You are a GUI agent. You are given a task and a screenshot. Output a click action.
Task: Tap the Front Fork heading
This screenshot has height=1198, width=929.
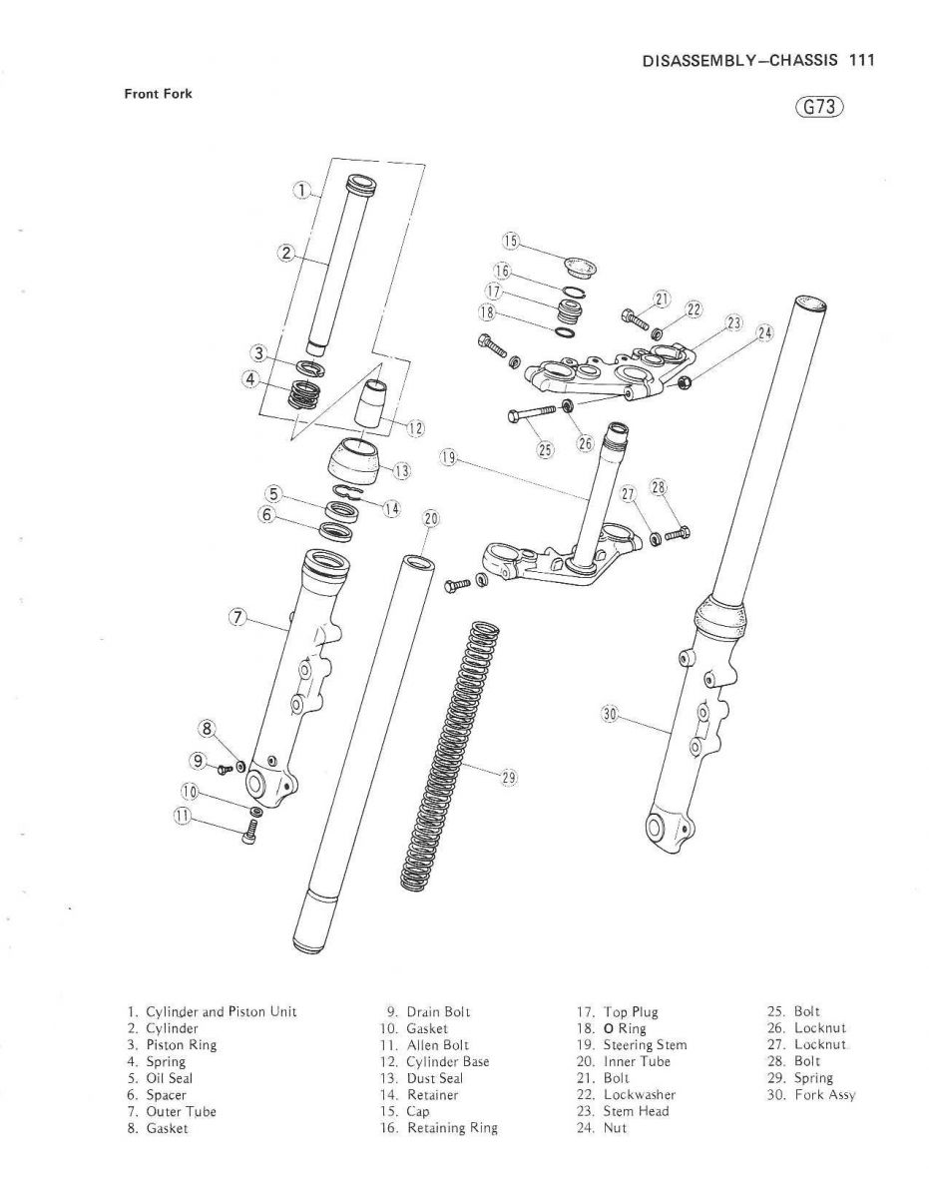click(158, 94)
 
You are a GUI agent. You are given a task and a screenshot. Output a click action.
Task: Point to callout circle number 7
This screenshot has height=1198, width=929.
click(236, 616)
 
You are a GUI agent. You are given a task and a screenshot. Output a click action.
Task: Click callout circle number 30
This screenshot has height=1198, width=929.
click(611, 714)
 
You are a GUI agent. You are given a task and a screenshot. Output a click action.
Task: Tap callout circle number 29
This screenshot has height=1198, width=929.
click(509, 777)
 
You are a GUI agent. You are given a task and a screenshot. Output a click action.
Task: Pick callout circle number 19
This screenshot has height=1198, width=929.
click(449, 458)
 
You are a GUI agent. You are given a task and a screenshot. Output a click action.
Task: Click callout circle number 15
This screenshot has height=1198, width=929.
click(511, 241)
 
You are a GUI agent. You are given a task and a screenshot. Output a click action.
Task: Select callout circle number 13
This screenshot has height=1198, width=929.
click(402, 469)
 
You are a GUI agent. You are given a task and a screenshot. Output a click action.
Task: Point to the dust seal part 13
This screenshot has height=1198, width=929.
click(354, 458)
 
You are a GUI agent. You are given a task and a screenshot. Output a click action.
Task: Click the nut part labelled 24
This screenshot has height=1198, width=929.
click(684, 383)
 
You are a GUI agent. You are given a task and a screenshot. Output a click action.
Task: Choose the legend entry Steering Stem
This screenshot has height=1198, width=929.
click(645, 1044)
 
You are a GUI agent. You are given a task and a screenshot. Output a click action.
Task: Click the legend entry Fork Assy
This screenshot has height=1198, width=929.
click(824, 1094)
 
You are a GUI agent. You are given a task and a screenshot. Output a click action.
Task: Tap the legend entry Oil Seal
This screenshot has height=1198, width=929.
click(169, 1078)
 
